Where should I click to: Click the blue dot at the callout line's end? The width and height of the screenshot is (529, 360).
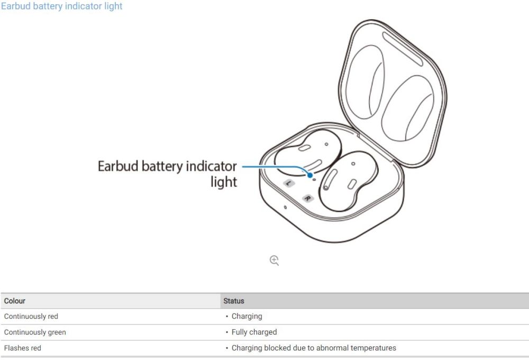click(x=309, y=174)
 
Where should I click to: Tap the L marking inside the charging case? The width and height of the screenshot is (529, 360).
click(x=289, y=183)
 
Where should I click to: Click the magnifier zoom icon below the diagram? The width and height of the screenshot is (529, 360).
click(x=274, y=260)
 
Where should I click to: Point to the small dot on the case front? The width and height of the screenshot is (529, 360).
click(x=285, y=206)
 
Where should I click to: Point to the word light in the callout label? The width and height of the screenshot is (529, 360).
click(x=224, y=182)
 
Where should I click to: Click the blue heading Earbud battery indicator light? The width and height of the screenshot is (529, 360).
click(x=62, y=6)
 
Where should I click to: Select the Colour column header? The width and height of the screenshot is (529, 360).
click(x=15, y=301)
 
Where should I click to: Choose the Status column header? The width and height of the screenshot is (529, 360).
click(x=234, y=301)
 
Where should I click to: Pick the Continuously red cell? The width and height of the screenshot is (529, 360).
click(x=31, y=316)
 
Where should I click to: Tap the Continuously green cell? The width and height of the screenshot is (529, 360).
click(x=35, y=332)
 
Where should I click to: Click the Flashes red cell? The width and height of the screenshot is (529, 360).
click(x=23, y=348)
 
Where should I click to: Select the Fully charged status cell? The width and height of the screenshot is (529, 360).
click(x=254, y=332)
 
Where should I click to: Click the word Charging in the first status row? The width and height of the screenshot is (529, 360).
click(x=247, y=316)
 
